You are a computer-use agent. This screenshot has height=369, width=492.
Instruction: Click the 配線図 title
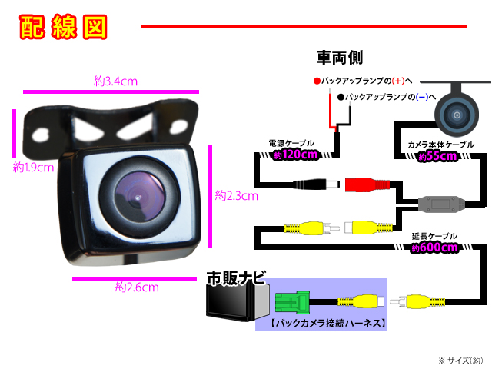pyautogui.click(x=62, y=27)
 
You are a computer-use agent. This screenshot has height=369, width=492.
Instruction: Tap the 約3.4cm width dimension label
pyautogui.click(x=115, y=80)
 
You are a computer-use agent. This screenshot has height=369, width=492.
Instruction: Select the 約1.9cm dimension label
pyautogui.click(x=32, y=167)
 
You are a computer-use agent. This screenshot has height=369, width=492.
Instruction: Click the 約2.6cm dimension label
pyautogui.click(x=136, y=288)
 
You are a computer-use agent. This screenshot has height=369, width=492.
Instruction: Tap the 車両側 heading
pyautogui.click(x=339, y=58)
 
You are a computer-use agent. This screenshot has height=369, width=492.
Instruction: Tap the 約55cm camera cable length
pyautogui.click(x=437, y=156)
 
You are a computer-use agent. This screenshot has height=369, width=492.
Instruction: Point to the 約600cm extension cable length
pyautogui.click(x=434, y=248)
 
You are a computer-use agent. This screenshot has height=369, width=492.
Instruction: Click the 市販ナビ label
pyautogui.click(x=236, y=279)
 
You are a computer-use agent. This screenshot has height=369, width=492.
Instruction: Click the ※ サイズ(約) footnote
pyautogui.click(x=460, y=360)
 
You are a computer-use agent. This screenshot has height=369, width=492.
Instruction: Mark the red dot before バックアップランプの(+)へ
pyautogui.click(x=316, y=81)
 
